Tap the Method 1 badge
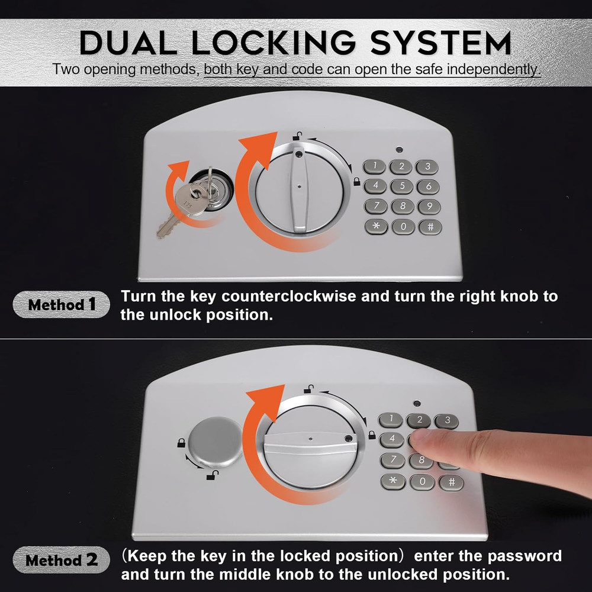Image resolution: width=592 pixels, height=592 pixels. pos(61,305)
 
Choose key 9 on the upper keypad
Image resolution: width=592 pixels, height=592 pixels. pos(429,207)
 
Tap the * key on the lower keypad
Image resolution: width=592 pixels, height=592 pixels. pos(393,481)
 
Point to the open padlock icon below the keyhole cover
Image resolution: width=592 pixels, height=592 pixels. pos(210,475)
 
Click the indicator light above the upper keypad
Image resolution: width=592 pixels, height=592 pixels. pos(400,149)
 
